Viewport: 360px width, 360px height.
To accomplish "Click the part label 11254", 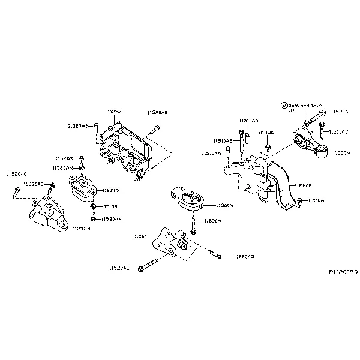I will (x=115, y=112).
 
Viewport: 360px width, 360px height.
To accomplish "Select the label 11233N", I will (x=82, y=229).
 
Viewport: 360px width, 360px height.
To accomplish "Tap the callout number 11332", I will (x=139, y=237).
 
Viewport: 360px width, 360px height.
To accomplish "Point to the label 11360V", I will (x=224, y=205).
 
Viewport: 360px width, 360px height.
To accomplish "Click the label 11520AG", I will (x=17, y=173).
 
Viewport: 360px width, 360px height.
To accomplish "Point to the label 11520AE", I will (x=119, y=268).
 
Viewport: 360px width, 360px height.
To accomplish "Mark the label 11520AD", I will (x=244, y=256).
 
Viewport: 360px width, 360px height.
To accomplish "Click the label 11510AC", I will (x=340, y=131).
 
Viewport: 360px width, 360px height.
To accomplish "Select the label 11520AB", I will (x=157, y=112).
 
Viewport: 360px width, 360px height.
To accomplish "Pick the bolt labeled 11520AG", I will (x=16, y=192).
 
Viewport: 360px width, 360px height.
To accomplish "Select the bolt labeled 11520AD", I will (x=217, y=256).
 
